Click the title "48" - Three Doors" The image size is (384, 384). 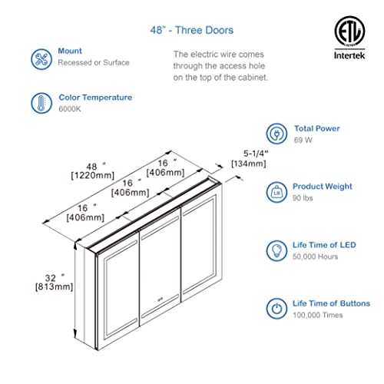tap(191, 31)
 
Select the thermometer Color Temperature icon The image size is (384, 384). tap(39, 103)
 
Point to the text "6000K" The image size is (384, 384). tap(70, 109)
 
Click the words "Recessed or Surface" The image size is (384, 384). tap(94, 62)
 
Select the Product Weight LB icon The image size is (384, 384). tap(276, 191)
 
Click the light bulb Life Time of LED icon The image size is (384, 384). tap(276, 250)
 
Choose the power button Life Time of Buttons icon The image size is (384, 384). tap(276, 309)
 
